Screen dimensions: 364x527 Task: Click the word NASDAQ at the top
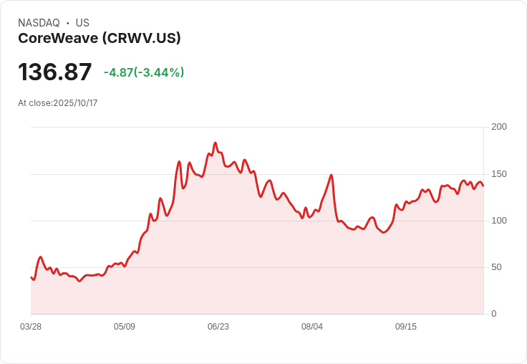point(39,23)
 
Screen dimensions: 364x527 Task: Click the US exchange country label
point(82,23)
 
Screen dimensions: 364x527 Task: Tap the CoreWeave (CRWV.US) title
point(99,38)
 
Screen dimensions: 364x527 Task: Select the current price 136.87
point(55,72)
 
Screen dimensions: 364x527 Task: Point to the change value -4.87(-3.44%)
point(144,72)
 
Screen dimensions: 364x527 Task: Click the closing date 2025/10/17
point(75,103)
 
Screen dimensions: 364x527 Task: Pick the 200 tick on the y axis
point(499,127)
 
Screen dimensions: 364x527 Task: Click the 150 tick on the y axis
point(499,174)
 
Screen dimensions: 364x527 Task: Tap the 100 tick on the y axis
point(499,221)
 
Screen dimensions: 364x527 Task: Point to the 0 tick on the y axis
point(494,314)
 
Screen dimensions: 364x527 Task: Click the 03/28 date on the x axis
point(31,327)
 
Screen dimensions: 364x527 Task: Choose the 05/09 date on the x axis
point(125,327)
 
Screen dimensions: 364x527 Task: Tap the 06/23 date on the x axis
point(218,327)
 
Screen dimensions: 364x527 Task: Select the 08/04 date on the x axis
point(312,327)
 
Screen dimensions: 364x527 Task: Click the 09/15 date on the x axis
point(406,327)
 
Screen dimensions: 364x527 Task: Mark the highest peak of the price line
point(215,143)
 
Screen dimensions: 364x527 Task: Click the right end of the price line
point(483,186)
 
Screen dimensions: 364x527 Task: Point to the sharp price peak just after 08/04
point(332,175)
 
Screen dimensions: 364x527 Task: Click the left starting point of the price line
point(31,277)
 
